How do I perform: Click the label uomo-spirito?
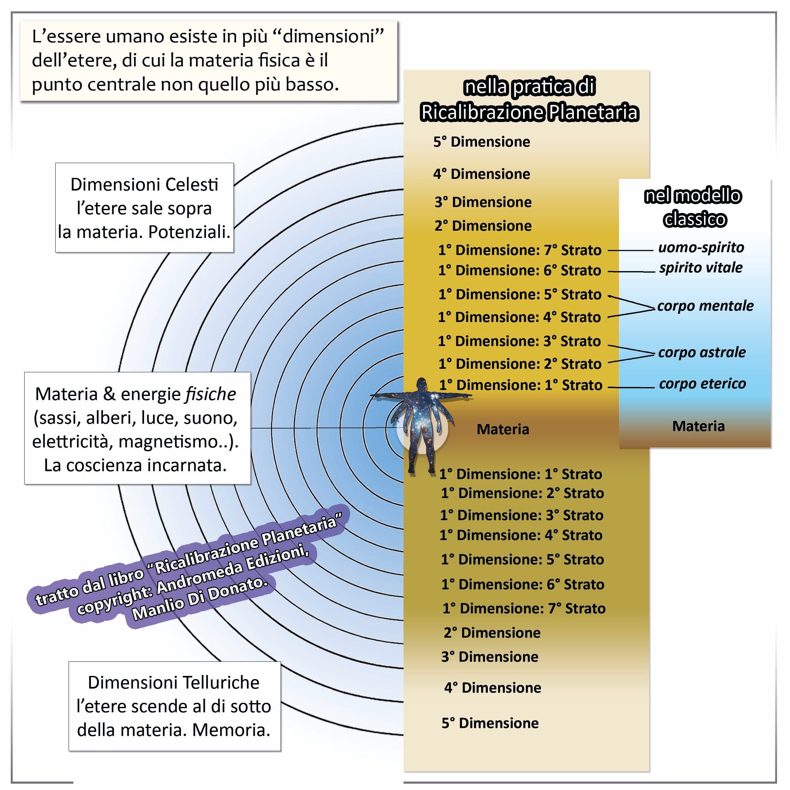[701, 247]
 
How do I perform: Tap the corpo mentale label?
[705, 306]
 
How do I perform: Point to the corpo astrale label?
[702, 352]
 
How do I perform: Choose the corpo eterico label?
[702, 384]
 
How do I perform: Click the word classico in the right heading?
[695, 220]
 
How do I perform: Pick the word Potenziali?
[189, 232]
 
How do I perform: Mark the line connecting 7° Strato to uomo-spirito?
[630, 250]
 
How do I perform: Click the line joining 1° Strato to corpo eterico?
[631, 387]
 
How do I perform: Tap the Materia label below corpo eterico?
[698, 426]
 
